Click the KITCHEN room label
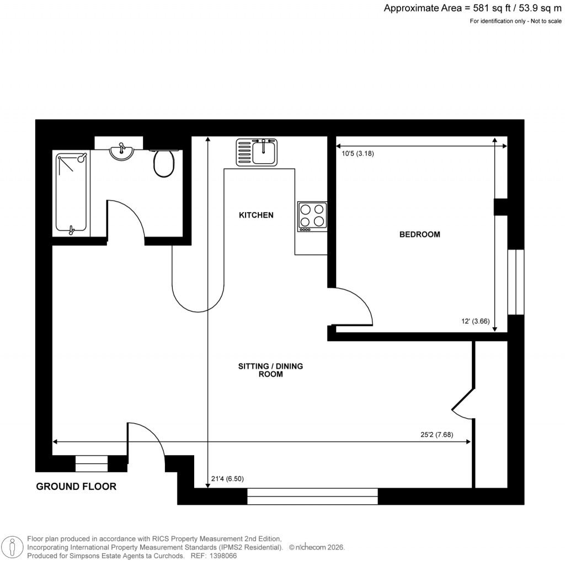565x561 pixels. click(x=255, y=215)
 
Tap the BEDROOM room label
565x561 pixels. click(x=420, y=234)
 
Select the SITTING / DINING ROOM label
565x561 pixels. click(x=270, y=370)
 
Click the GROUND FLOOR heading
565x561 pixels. click(x=76, y=487)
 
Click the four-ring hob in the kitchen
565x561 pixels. click(x=312, y=215)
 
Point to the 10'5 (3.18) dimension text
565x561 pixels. click(x=358, y=154)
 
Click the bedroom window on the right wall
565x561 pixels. click(x=515, y=282)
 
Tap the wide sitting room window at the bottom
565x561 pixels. click(x=312, y=496)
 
